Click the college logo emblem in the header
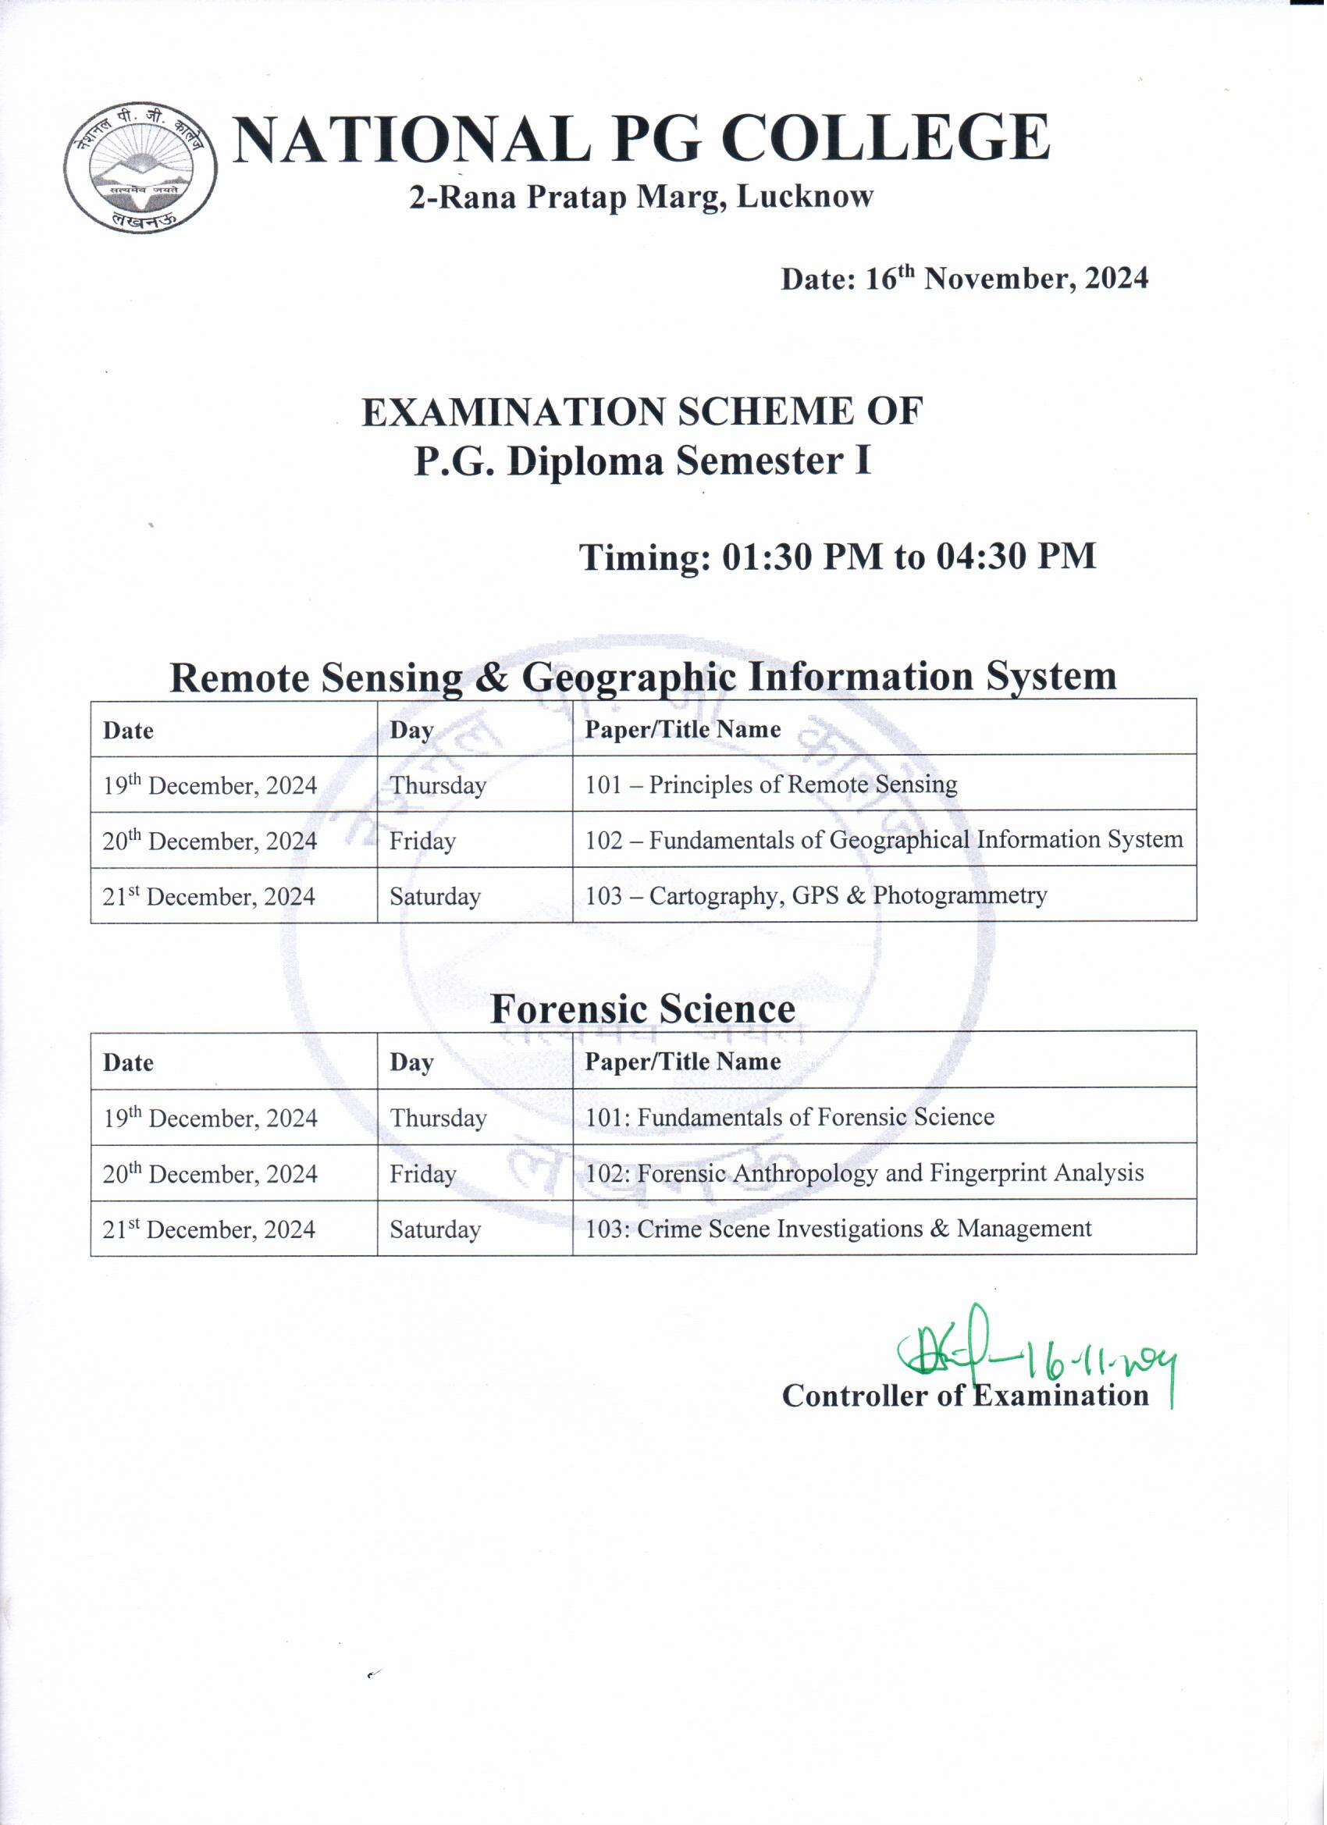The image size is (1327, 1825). click(x=141, y=167)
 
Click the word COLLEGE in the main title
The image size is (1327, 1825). click(x=886, y=138)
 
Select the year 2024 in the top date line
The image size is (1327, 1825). click(x=1117, y=279)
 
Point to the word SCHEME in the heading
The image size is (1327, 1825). click(x=765, y=413)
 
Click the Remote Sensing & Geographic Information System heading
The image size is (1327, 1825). click(x=644, y=678)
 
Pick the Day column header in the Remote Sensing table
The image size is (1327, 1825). click(x=412, y=731)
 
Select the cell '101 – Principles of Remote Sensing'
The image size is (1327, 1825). click(x=772, y=785)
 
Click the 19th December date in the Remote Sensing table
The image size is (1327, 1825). click(x=210, y=786)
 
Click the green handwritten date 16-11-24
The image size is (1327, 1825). click(x=1098, y=1362)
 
